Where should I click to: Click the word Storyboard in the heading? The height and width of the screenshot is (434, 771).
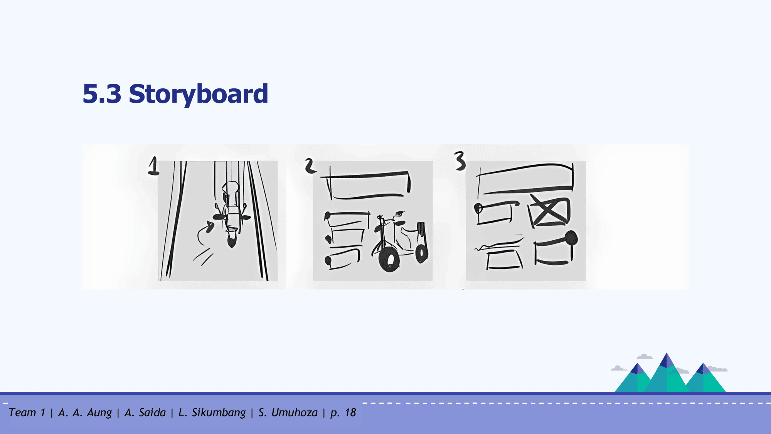tap(198, 94)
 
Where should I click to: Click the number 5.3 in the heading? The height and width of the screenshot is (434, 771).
tap(102, 94)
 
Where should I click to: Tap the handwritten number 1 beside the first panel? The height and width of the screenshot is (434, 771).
tap(154, 166)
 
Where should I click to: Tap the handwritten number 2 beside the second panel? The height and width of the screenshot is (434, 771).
tap(310, 166)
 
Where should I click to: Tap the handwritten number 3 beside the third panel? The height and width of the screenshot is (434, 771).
tap(460, 161)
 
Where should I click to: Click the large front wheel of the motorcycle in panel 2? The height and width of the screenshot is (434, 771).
tap(389, 260)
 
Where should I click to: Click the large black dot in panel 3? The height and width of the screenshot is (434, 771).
tap(571, 238)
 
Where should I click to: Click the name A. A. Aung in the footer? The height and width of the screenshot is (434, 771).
tap(85, 413)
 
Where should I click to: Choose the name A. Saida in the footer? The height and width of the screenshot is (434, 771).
tap(145, 413)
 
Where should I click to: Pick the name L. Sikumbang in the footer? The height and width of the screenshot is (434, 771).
tap(212, 413)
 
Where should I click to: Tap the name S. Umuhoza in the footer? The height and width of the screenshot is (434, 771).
tap(288, 413)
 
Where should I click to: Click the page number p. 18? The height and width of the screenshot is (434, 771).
tap(343, 413)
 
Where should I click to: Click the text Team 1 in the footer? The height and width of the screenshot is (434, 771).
tap(27, 413)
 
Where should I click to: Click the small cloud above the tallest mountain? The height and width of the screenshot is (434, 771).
tap(645, 356)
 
